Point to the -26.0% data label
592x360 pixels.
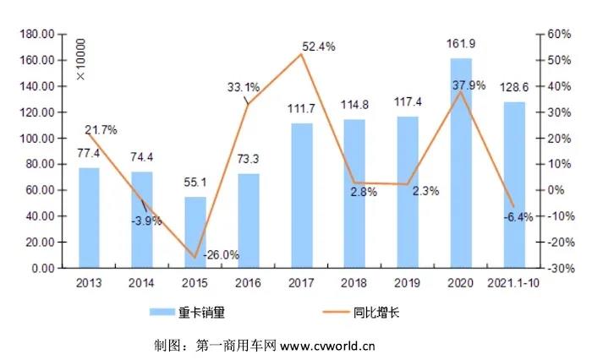221,254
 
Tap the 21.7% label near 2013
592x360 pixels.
101,129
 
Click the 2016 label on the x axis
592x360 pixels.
248,284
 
